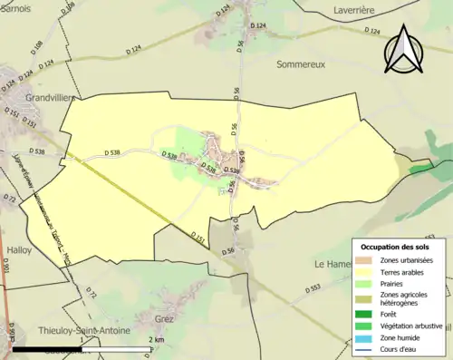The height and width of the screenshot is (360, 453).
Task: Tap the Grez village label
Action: click(x=164, y=318)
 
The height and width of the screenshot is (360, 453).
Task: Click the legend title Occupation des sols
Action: click(x=398, y=247)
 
